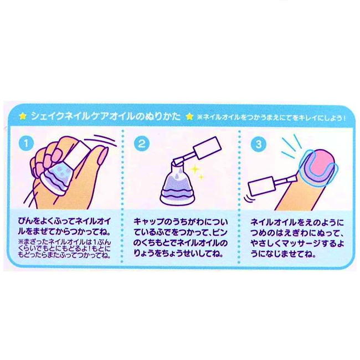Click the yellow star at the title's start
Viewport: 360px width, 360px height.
22,117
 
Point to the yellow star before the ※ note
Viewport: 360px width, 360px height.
191,117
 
